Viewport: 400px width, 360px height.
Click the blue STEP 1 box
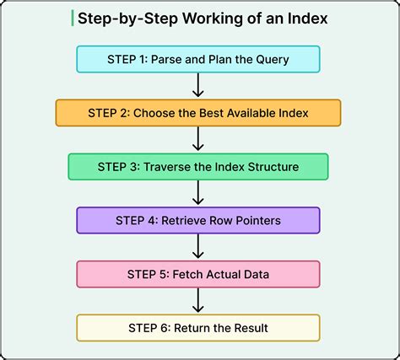click(198, 59)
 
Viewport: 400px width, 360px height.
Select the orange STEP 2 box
click(198, 113)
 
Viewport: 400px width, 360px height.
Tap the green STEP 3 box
click(198, 167)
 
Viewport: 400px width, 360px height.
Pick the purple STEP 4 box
click(198, 221)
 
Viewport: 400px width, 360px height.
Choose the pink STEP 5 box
click(198, 274)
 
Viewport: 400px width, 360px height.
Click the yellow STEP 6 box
click(198, 327)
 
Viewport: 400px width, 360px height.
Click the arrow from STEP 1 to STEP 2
click(198, 85)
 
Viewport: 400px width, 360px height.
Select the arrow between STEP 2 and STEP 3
click(198, 139)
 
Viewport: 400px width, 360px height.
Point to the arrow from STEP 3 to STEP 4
click(198, 194)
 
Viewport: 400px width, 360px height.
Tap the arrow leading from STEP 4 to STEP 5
click(198, 247)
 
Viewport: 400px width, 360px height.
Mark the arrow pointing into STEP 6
click(198, 301)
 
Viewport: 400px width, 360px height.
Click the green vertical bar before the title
click(73, 19)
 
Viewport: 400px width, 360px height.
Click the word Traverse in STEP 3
click(174, 167)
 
